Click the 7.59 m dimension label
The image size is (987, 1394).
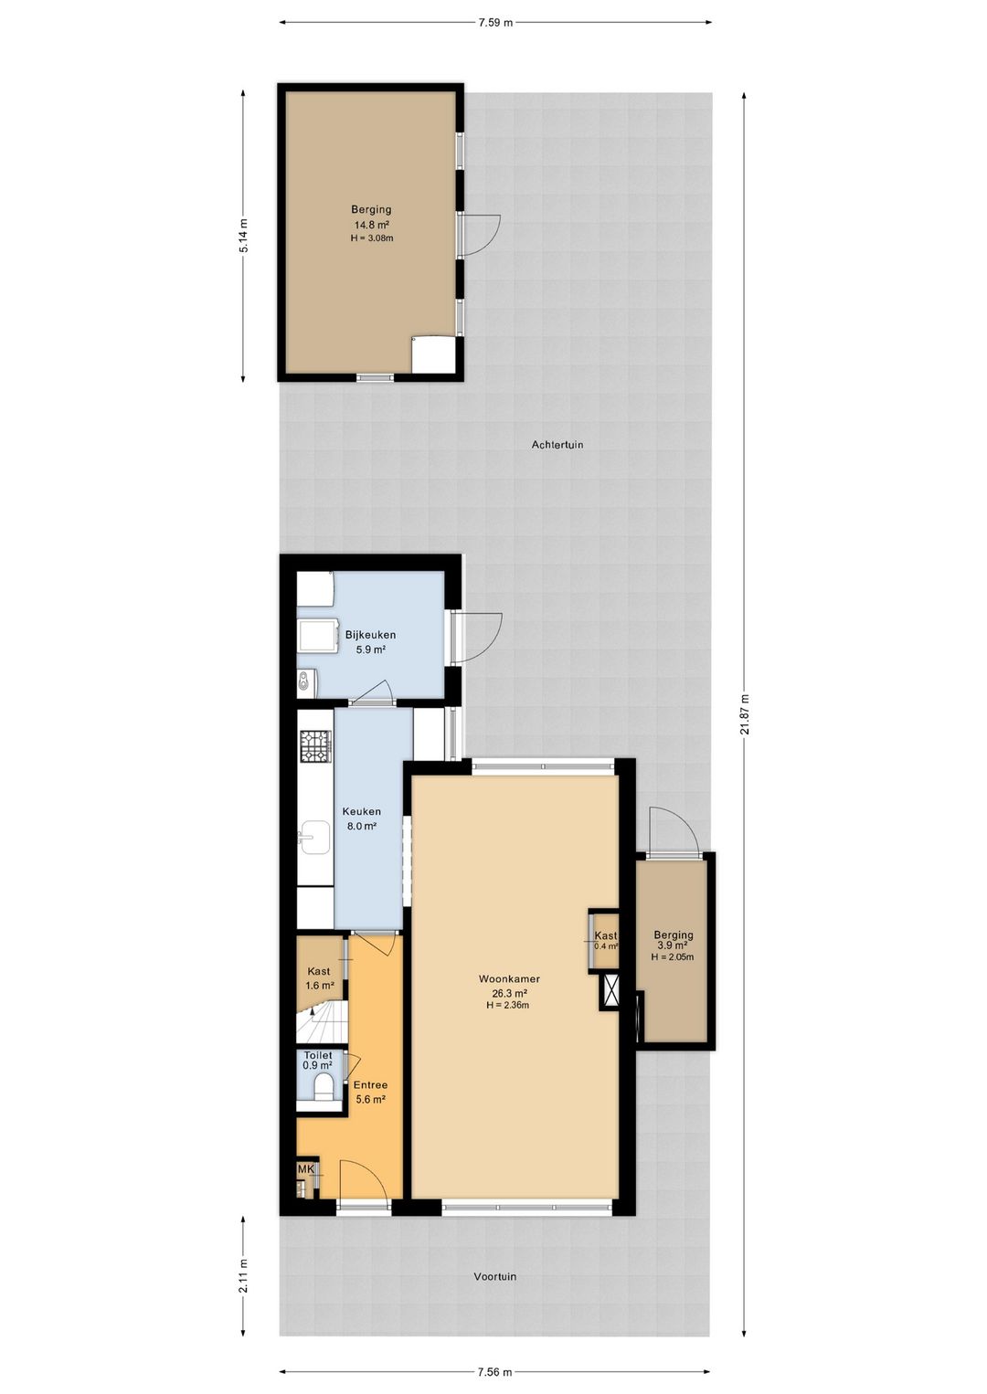[x=495, y=23]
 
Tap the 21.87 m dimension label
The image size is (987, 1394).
[x=744, y=714]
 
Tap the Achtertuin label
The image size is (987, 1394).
[x=557, y=444]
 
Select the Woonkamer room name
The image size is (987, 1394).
[x=509, y=978]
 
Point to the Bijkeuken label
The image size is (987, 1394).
[x=370, y=635]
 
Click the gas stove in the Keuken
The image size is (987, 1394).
[x=315, y=746]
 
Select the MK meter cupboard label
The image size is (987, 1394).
[x=305, y=1169]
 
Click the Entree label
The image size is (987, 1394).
[x=370, y=1084]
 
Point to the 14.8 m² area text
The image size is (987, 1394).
[x=371, y=225]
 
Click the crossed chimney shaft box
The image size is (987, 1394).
[x=610, y=991]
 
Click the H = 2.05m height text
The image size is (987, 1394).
[x=673, y=957]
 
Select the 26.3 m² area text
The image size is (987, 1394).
[x=509, y=993]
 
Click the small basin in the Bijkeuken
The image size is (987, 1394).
[x=304, y=680]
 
